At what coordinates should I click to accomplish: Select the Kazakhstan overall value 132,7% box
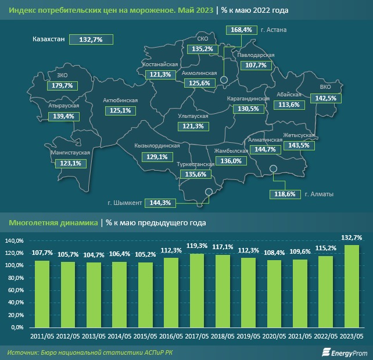click(x=91, y=39)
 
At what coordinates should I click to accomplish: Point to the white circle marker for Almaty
click(x=274, y=169)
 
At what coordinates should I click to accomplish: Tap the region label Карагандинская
click(x=248, y=99)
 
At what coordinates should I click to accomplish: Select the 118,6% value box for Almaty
click(x=282, y=194)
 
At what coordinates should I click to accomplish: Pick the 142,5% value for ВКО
click(x=325, y=98)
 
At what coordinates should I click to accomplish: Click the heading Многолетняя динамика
click(x=53, y=222)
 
